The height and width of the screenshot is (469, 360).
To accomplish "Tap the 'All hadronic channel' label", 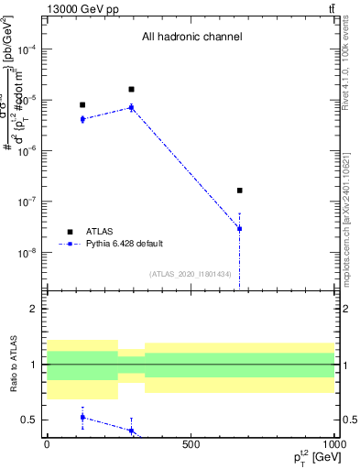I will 191,38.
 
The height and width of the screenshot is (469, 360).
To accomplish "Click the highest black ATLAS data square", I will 132,90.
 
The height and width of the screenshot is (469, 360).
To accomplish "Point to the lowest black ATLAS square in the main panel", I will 239,191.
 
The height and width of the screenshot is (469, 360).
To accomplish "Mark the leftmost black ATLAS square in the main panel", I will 82,105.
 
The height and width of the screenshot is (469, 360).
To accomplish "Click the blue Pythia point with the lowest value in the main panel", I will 239,228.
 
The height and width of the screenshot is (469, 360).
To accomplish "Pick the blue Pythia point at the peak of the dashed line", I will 132,107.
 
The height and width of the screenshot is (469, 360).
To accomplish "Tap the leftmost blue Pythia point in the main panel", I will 82,119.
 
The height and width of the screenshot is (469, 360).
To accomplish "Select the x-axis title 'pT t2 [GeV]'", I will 307,457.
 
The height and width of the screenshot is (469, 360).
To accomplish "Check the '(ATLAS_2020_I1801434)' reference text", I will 191,274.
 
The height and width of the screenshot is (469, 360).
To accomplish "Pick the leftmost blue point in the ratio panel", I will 82,417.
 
